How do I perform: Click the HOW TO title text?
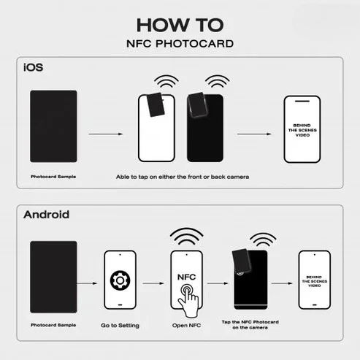180,25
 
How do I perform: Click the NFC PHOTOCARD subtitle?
180,44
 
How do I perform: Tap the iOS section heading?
33,67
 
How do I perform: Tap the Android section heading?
46,215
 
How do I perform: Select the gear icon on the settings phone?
120,280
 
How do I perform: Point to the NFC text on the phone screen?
186,277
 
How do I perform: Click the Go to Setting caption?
120,326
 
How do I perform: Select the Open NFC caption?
186,326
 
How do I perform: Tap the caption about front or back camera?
183,177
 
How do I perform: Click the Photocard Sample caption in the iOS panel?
53,177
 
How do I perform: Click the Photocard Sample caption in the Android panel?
53,325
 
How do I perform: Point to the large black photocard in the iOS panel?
53,126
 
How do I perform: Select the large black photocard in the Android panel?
53,277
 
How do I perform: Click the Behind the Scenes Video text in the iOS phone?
302,130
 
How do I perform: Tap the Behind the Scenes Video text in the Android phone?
315,281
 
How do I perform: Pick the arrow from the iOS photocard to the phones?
106,134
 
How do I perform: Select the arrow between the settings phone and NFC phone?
153,283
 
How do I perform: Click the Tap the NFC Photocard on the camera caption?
250,325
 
